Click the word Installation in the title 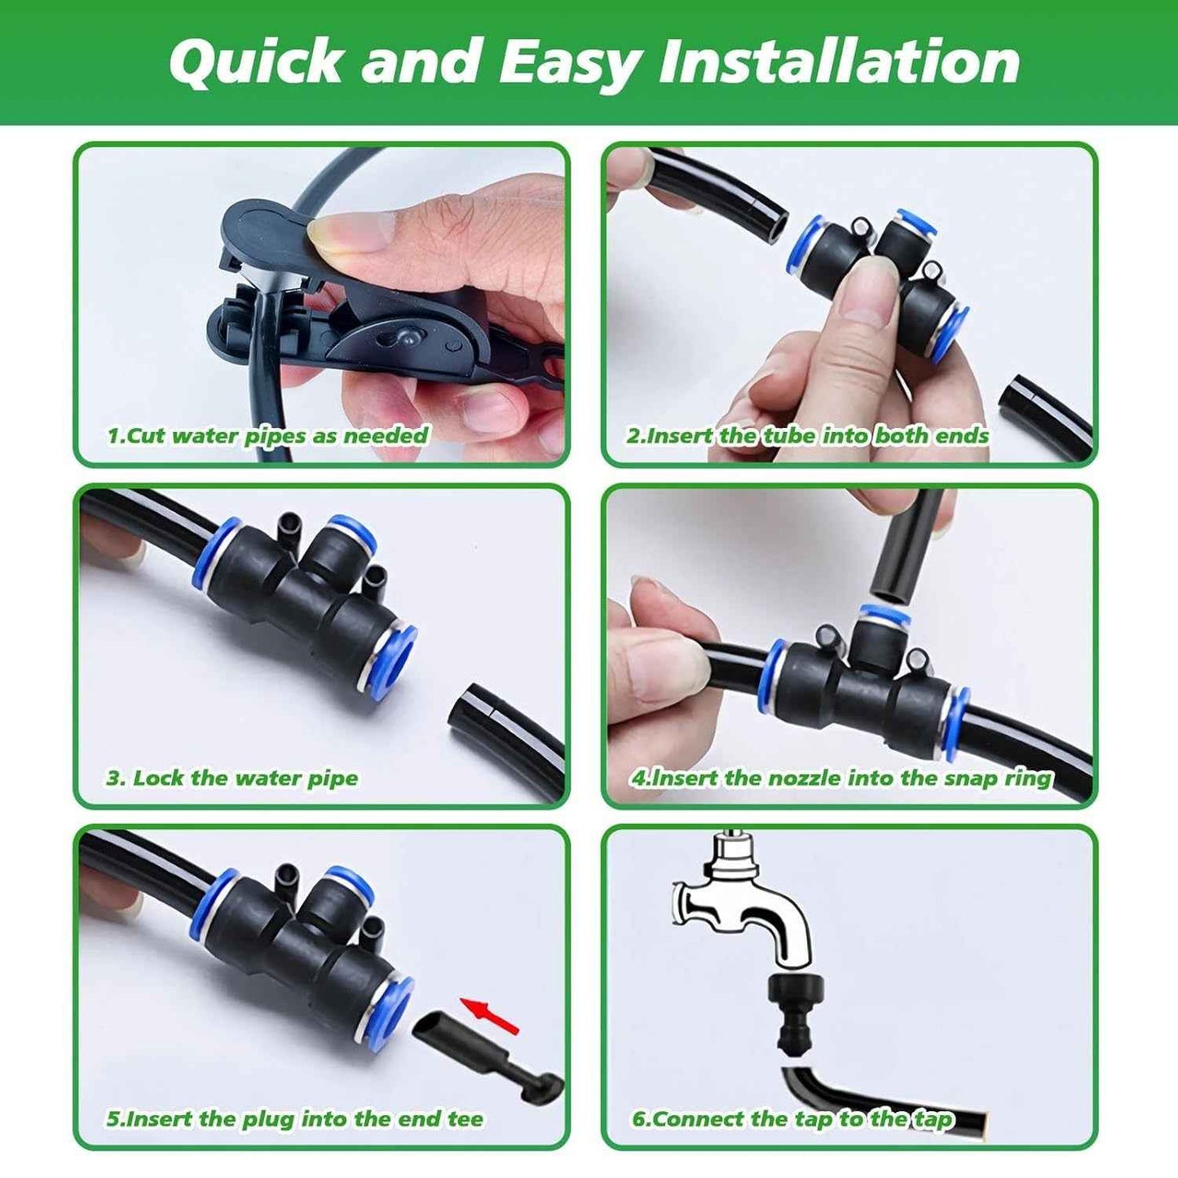[840, 62]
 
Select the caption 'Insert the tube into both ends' [807, 435]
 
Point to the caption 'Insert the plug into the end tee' [294, 1118]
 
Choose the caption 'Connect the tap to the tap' [792, 1118]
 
